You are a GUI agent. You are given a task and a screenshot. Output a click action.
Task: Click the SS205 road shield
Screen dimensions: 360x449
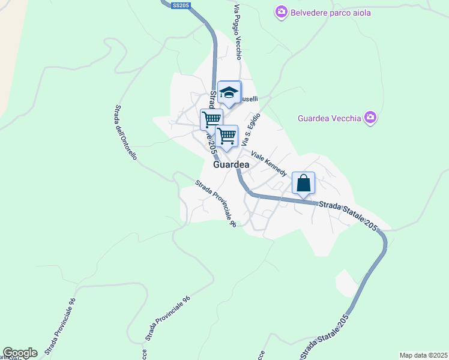(180, 5)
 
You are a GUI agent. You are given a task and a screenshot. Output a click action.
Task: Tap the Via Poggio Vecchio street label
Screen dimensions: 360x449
(238, 33)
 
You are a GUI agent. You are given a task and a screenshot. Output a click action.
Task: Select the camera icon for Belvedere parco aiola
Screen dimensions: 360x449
(281, 12)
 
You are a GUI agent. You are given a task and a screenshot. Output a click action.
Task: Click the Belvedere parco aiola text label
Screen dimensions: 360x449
(331, 12)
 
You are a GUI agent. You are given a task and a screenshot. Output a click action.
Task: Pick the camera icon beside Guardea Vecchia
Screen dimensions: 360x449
(370, 118)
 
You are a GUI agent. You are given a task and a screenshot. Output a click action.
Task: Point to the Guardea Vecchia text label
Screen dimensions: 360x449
(330, 118)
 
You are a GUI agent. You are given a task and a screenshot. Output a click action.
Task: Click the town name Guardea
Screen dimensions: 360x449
(231, 164)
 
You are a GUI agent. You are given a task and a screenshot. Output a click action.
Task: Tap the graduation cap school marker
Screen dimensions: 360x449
(229, 92)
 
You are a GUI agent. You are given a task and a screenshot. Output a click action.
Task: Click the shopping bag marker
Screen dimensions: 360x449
(303, 182)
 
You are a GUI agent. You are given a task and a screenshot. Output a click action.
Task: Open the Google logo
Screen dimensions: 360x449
(20, 353)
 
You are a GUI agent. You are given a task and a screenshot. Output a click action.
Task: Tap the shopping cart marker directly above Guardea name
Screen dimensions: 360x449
(226, 136)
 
